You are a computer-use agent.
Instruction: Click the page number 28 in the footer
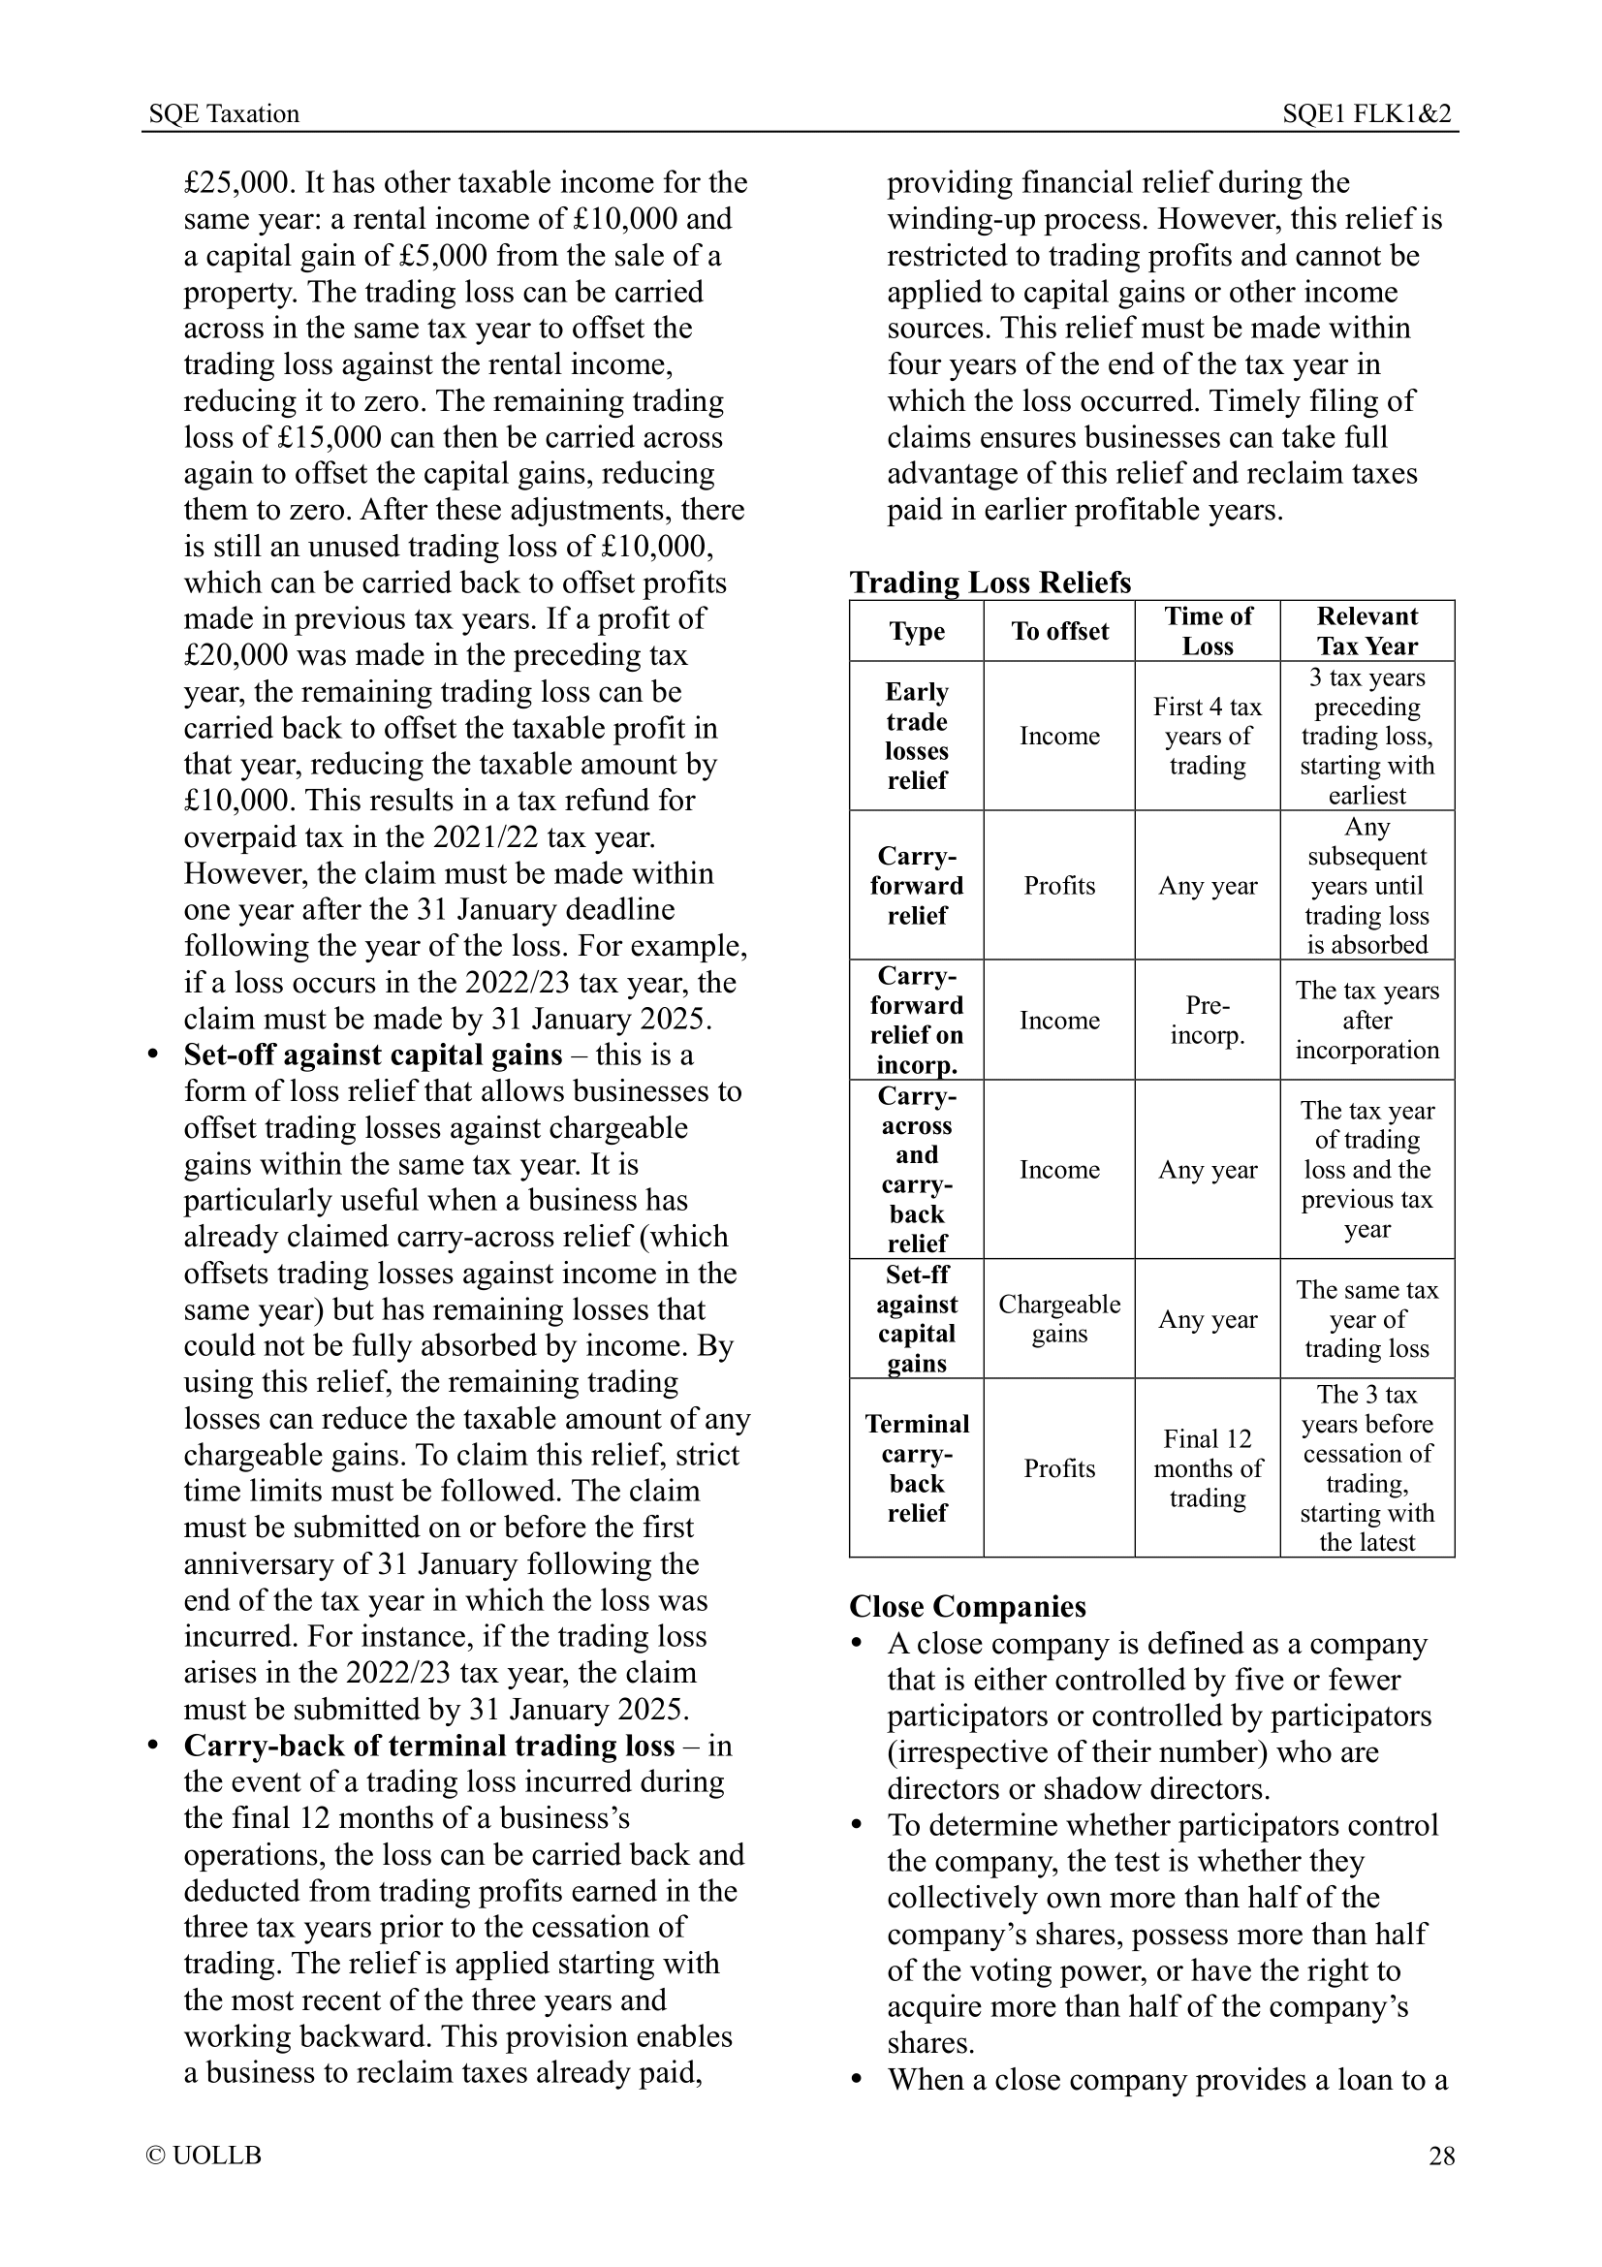click(x=1441, y=2156)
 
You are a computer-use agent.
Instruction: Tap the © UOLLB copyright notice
click(x=204, y=2156)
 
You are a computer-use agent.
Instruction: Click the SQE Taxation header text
click(x=223, y=113)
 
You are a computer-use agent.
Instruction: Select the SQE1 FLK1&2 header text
click(x=1366, y=113)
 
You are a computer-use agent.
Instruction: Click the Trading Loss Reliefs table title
click(x=990, y=582)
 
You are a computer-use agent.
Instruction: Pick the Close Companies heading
click(x=967, y=1606)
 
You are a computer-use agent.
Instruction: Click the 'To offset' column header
click(x=1059, y=631)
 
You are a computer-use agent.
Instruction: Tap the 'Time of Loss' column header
click(x=1208, y=631)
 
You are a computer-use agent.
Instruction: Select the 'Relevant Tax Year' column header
click(x=1367, y=631)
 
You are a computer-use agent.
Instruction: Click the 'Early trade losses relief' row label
click(x=916, y=736)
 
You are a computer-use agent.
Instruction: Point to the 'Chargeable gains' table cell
click(x=1059, y=1319)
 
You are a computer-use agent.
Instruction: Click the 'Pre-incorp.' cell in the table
click(x=1208, y=1020)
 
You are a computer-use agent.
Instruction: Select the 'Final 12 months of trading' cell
click(x=1208, y=1468)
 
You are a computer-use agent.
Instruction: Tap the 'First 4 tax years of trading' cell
click(x=1208, y=736)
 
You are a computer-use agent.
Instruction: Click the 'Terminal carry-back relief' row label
click(x=916, y=1468)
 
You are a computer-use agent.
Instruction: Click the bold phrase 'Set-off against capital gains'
click(x=372, y=1055)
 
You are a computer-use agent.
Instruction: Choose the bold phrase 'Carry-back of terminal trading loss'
click(x=428, y=1746)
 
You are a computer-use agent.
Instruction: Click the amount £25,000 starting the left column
click(x=238, y=182)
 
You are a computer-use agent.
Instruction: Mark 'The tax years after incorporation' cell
click(x=1367, y=1020)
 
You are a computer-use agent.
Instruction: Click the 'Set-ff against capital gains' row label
click(x=916, y=1319)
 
